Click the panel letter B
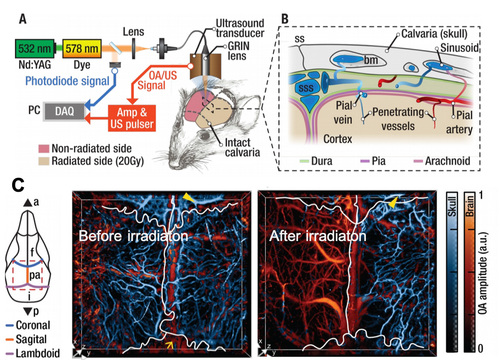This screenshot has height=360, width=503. click(285, 19)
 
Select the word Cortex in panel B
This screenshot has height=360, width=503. click(338, 139)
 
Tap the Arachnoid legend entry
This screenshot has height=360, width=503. click(442, 161)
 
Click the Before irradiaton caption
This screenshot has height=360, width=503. click(133, 236)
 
